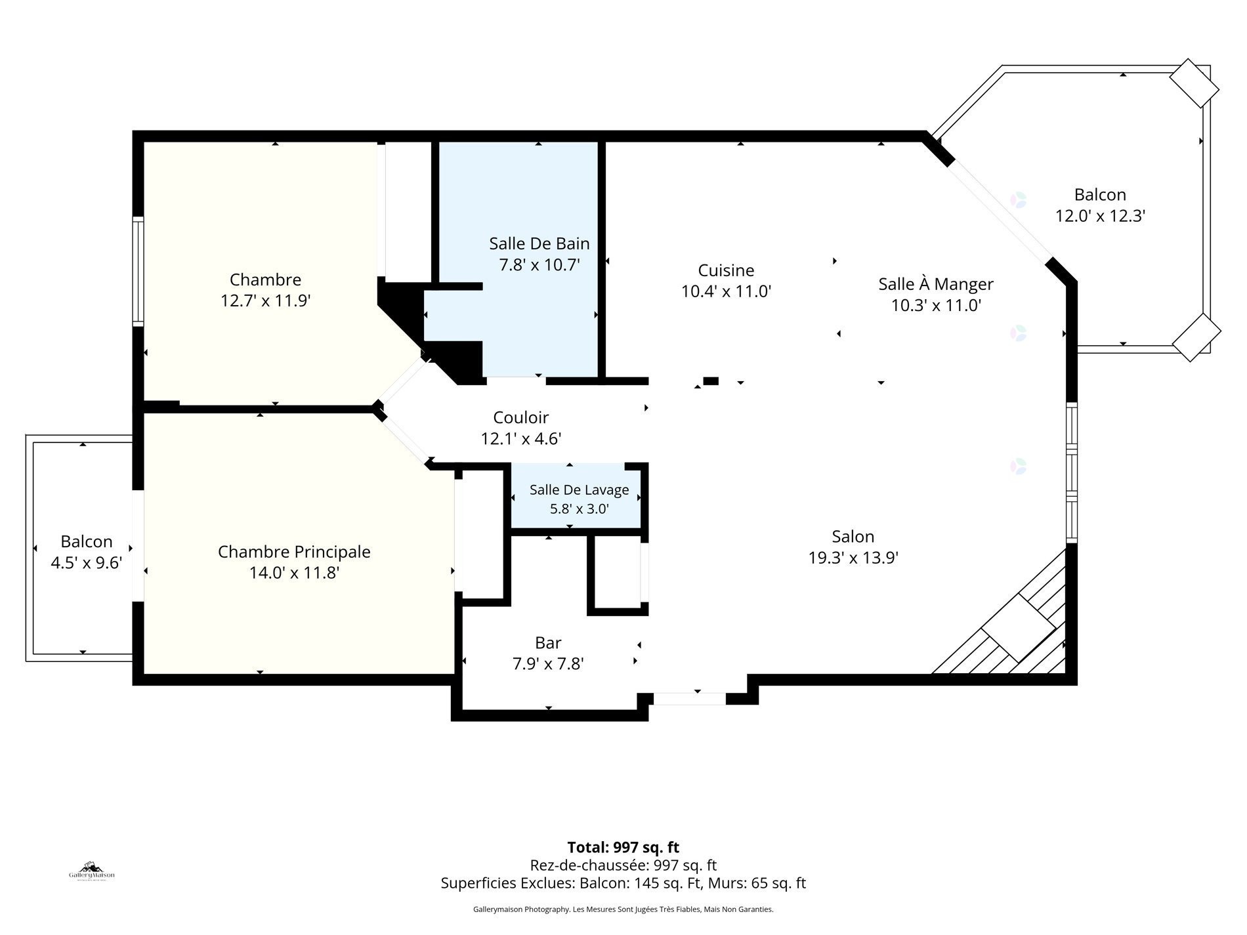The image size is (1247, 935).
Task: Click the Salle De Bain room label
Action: point(539,243)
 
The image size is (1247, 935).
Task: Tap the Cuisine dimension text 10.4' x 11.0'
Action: point(726,291)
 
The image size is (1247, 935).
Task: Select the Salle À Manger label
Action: point(936,284)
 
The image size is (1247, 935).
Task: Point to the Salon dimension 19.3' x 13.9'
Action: point(853,558)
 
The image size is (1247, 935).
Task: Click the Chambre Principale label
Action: point(294,552)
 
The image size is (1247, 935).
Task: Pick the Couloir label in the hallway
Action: point(520,417)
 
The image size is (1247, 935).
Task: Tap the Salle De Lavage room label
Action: point(579,490)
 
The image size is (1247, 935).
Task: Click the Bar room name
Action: point(548,643)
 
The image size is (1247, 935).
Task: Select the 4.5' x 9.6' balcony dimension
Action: point(87,563)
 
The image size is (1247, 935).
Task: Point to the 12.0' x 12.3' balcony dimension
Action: point(1100,216)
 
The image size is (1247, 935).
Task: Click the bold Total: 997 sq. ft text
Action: point(623,847)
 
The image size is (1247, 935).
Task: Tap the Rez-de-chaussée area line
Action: point(623,865)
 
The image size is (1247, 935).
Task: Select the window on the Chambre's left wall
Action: point(138,272)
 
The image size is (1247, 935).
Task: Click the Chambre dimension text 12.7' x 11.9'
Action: point(265,301)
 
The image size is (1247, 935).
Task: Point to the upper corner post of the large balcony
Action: point(1194,83)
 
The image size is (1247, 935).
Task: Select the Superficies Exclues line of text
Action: point(623,883)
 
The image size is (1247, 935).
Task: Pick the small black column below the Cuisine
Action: point(710,381)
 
